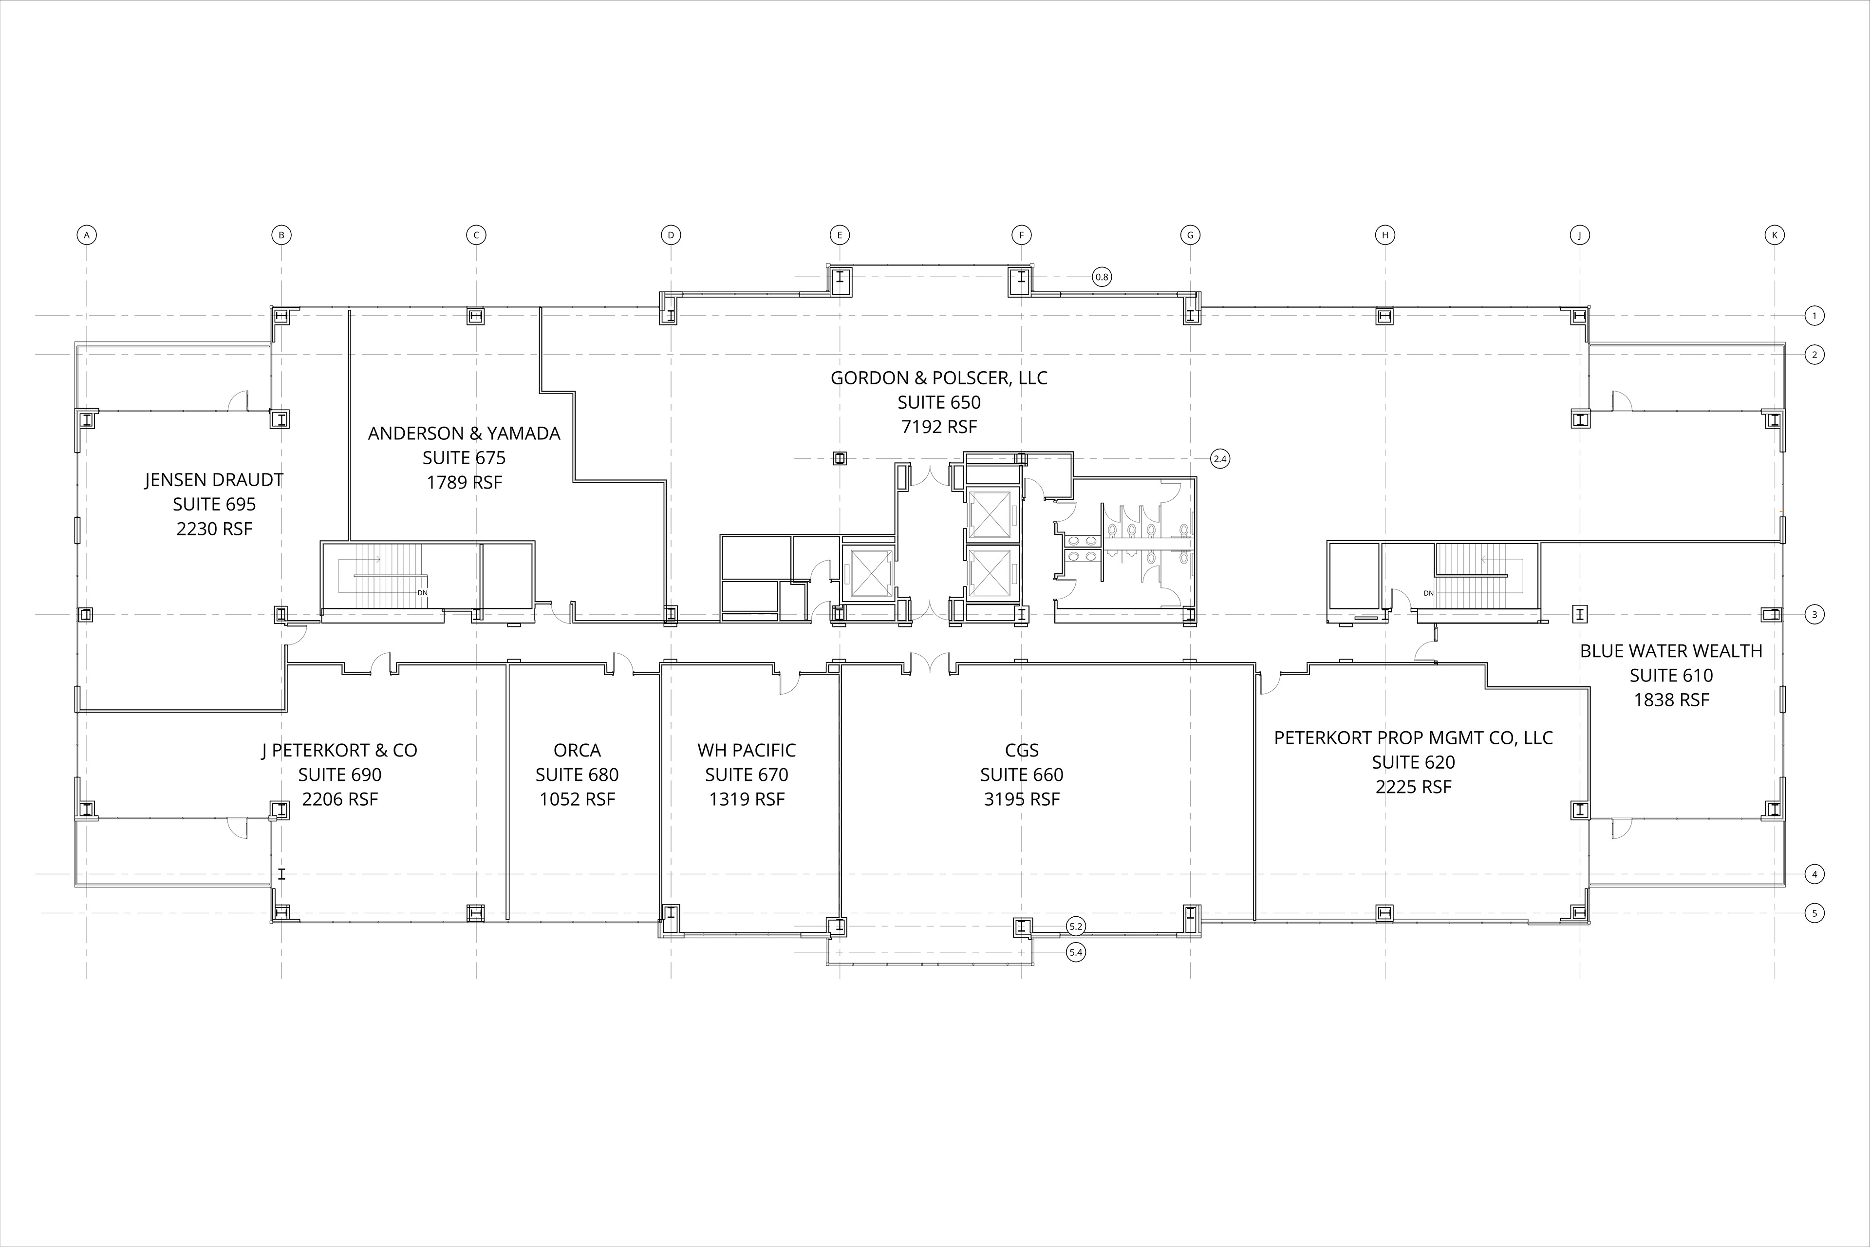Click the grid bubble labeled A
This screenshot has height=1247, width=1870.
[87, 235]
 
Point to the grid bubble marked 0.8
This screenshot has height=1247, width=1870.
[1101, 277]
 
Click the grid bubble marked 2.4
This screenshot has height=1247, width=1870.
[1219, 459]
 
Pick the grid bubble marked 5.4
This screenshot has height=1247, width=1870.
[1076, 952]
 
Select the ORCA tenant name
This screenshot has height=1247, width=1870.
[577, 751]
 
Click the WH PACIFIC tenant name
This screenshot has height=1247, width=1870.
[747, 751]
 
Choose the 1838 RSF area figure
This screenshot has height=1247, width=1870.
[1671, 700]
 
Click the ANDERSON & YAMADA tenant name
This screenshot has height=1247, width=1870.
[464, 434]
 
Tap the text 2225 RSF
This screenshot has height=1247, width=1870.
[1414, 787]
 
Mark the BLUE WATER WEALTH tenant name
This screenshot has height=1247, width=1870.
[1671, 651]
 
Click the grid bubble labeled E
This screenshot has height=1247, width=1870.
[840, 235]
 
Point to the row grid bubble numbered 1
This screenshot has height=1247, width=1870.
[1814, 316]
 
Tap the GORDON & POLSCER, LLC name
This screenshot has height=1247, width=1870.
[939, 378]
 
